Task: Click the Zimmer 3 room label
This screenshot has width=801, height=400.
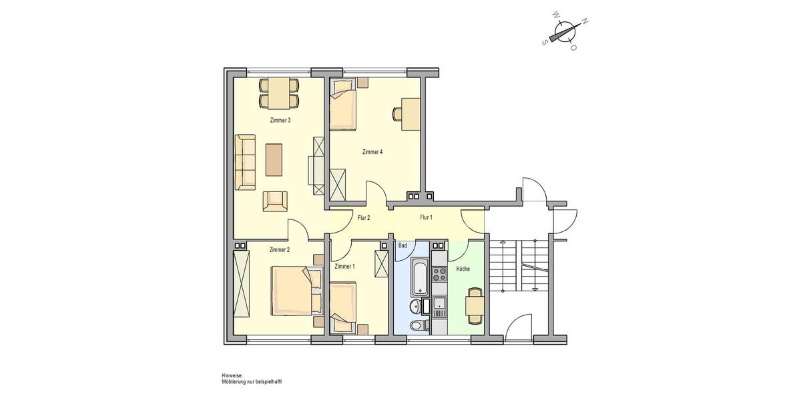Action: (x=280, y=121)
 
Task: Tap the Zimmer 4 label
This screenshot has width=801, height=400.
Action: (x=372, y=152)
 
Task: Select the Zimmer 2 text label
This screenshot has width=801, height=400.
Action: (x=279, y=250)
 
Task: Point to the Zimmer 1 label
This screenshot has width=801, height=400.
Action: (x=344, y=267)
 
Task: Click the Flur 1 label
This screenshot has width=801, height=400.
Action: (x=426, y=218)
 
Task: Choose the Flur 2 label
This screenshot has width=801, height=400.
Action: (x=364, y=218)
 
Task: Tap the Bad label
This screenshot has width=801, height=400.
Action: (x=403, y=246)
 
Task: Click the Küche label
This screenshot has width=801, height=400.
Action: (x=463, y=269)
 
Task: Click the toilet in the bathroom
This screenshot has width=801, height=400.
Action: (x=417, y=325)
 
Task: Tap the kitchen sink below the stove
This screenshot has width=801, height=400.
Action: (x=439, y=307)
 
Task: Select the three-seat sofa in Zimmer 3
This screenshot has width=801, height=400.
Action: (x=246, y=161)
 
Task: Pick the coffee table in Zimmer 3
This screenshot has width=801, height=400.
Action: (x=274, y=160)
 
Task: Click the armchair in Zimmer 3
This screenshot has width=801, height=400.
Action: (x=274, y=200)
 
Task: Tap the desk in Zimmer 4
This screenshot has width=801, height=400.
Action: (x=411, y=113)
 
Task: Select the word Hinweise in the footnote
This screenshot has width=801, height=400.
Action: (x=232, y=376)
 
